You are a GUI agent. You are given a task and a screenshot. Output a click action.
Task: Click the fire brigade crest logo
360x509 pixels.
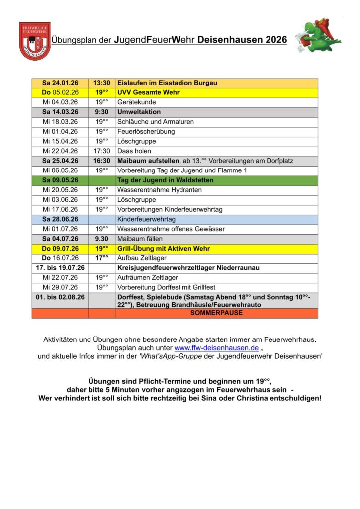coord(35,41)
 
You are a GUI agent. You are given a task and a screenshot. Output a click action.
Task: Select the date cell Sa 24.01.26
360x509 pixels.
coord(60,83)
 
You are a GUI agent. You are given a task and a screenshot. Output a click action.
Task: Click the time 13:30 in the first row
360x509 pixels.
coord(102,83)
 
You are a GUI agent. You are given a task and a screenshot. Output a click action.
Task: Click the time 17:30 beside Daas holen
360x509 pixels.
coord(102,151)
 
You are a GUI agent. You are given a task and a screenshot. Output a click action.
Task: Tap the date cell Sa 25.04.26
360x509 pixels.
coord(60,161)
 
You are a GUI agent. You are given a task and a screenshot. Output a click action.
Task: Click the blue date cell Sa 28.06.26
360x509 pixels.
coord(60,219)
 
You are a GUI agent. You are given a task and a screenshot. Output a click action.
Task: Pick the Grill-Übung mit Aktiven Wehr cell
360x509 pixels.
coord(163,248)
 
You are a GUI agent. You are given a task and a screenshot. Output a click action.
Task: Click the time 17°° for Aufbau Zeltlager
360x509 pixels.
coord(102,258)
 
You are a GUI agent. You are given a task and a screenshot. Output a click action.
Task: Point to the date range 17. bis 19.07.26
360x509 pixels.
coord(60,268)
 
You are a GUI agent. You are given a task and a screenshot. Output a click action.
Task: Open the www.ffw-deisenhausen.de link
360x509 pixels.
coord(216,348)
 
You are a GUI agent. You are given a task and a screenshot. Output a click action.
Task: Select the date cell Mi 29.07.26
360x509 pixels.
coord(60,287)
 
